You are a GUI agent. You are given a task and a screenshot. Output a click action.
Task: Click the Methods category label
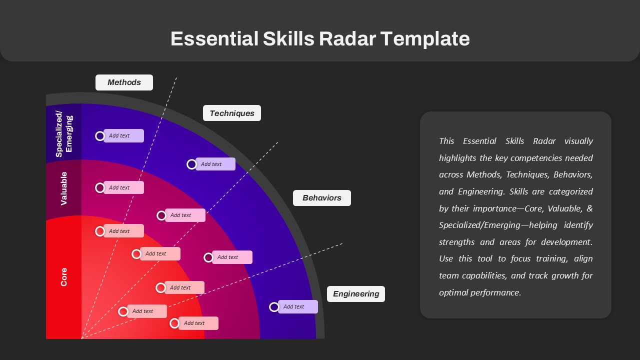pyautogui.click(x=124, y=82)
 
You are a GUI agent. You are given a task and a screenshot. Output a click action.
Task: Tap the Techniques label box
pyautogui.click(x=231, y=113)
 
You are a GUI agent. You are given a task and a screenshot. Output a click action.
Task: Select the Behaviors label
pyautogui.click(x=321, y=198)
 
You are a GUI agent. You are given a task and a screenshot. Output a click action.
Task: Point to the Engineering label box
pyautogui.click(x=355, y=294)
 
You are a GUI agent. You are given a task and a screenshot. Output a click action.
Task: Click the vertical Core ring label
pyautogui.click(x=63, y=277)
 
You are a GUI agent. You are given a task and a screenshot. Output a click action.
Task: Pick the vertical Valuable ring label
pyautogui.click(x=63, y=188)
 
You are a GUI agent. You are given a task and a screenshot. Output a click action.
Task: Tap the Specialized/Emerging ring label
pyautogui.click(x=64, y=134)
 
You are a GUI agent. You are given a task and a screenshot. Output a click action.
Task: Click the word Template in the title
pyautogui.click(x=425, y=38)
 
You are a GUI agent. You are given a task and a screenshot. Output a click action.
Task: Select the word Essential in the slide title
pyautogui.click(x=214, y=38)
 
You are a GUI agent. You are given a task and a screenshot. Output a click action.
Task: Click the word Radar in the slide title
pyautogui.click(x=347, y=38)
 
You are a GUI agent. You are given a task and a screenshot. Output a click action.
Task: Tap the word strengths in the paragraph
pyautogui.click(x=456, y=242)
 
